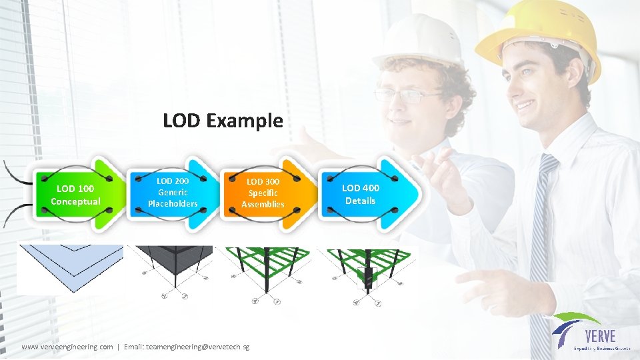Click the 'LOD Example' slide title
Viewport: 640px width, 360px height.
pos(223,121)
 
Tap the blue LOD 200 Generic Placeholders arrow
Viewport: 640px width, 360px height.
pos(173,192)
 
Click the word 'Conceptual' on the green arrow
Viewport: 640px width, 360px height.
pos(75,201)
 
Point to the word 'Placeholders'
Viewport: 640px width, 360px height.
pos(173,203)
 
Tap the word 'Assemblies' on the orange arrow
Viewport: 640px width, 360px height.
pos(263,204)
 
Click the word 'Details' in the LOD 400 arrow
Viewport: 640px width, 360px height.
pos(360,201)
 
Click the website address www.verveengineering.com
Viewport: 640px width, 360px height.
pos(67,347)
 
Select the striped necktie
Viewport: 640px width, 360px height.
pos(541,240)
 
